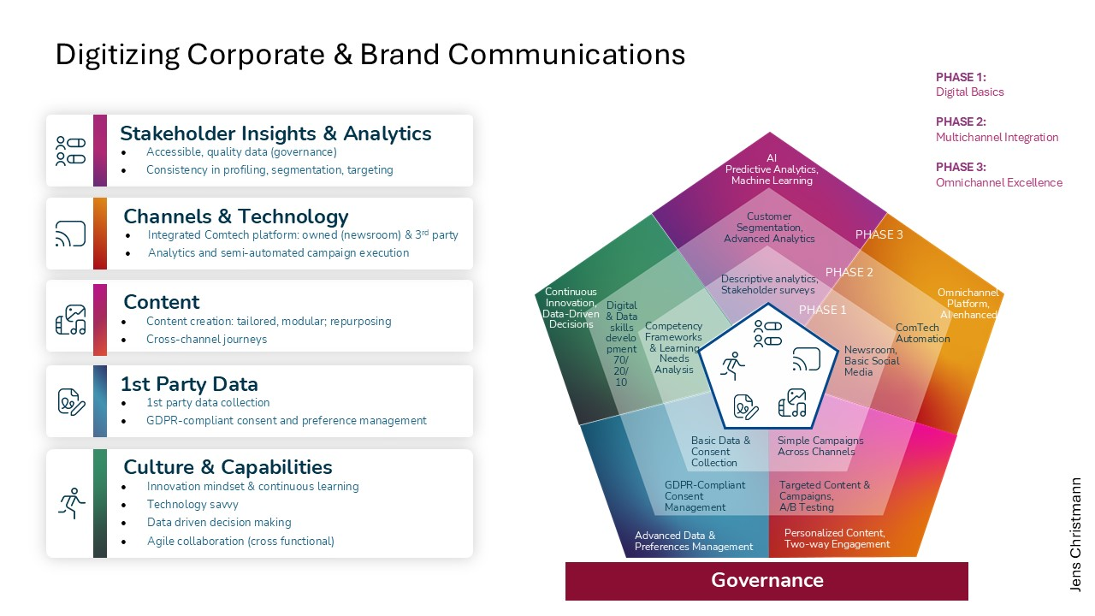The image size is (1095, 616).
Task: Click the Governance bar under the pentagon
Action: coord(766,580)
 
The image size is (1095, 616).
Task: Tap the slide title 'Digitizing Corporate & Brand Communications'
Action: coord(370,55)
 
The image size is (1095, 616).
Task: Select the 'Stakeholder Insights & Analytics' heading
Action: coord(275,133)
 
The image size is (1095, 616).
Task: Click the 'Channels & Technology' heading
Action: coord(235,216)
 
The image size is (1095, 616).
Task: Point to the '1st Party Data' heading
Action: coord(189,384)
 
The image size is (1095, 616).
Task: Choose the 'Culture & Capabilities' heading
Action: coord(228,467)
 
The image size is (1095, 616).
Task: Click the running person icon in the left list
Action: coord(71,503)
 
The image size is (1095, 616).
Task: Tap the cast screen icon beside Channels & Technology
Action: coord(70,234)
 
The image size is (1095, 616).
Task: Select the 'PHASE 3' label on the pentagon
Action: coord(879,234)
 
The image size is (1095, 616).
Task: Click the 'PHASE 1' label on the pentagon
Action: coord(822,310)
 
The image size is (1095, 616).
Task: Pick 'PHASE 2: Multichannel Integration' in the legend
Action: coord(997,129)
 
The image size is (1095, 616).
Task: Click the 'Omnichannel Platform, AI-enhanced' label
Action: coord(968,304)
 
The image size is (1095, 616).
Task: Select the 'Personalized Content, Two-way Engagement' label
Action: coord(837,538)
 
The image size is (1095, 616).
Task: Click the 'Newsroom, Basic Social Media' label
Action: coord(871,361)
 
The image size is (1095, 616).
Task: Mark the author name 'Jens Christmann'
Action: coord(1075,534)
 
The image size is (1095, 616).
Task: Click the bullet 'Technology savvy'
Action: coord(192,504)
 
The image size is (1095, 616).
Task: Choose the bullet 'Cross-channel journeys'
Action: coord(206,339)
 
